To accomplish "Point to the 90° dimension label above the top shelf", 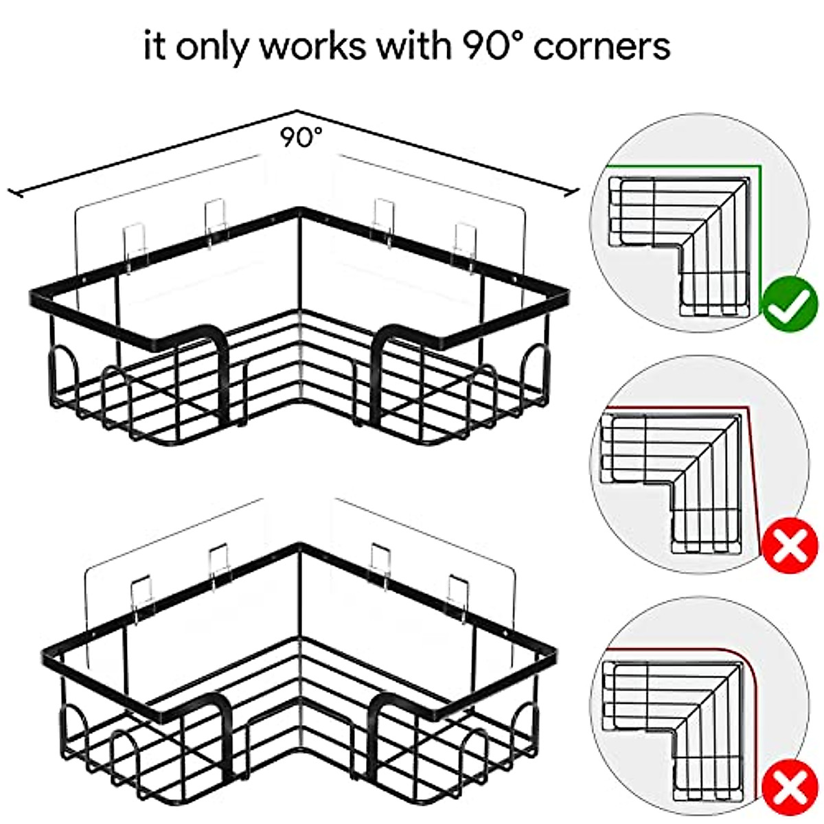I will pyautogui.click(x=300, y=138).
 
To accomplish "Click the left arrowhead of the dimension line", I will pyautogui.click(x=12, y=194).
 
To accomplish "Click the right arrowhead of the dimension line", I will pyautogui.click(x=575, y=193).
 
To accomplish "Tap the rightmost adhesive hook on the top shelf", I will pyautogui.click(x=466, y=240).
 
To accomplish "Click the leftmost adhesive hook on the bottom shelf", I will pyautogui.click(x=141, y=596).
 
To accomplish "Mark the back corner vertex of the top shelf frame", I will pyautogui.click(x=298, y=209).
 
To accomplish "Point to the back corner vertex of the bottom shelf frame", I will pyautogui.click(x=298, y=547).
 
